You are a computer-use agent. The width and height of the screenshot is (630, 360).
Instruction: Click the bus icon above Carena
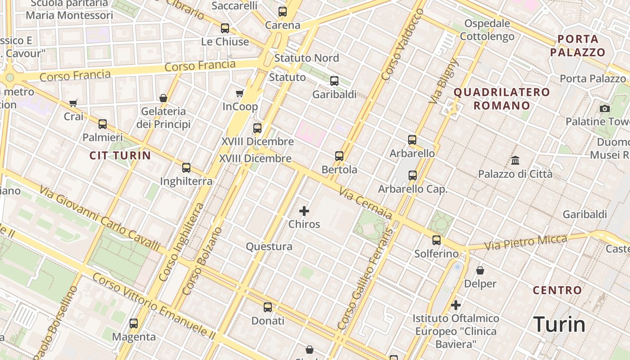click(283, 12)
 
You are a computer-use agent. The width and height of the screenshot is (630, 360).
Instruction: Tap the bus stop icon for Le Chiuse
click(225, 28)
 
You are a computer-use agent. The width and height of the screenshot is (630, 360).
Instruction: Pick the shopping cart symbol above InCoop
click(240, 94)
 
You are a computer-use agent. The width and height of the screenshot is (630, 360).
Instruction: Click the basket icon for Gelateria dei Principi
click(163, 98)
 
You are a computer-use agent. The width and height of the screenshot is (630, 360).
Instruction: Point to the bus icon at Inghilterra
click(186, 168)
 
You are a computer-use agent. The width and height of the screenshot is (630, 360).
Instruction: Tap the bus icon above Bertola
click(339, 156)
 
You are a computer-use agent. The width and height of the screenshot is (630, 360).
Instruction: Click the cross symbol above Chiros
click(304, 211)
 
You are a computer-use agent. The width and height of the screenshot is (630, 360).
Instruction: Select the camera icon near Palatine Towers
click(605, 108)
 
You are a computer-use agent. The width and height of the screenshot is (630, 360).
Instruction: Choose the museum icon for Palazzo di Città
click(515, 160)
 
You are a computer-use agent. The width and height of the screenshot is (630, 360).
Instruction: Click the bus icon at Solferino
click(436, 240)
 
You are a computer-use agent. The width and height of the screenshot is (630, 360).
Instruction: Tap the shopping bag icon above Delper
click(480, 270)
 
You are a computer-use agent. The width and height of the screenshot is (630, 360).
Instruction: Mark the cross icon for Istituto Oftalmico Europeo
click(456, 305)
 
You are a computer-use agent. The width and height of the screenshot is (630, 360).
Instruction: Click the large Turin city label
click(559, 324)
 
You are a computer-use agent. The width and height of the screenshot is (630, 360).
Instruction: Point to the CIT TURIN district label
click(120, 156)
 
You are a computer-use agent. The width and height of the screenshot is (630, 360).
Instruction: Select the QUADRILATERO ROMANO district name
click(501, 99)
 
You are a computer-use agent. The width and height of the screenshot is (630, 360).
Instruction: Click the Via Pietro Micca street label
click(526, 243)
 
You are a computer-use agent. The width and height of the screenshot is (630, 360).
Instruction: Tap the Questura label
click(269, 247)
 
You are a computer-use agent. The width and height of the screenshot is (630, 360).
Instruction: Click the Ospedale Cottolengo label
click(487, 30)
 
